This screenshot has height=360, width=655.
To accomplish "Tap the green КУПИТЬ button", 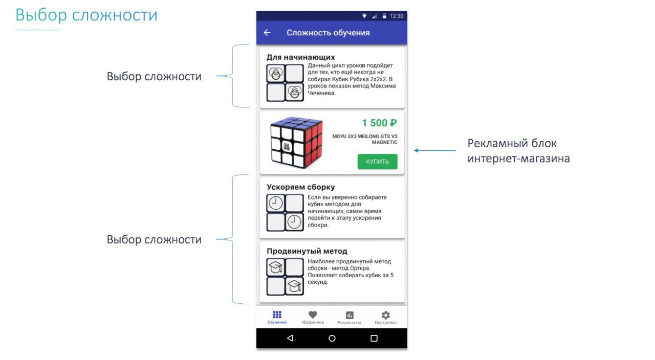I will point(377,162).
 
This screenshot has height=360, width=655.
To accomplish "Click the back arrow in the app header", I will point(267,33).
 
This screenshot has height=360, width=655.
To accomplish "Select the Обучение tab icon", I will point(277,314).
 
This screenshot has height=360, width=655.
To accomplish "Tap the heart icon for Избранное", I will point(313,314).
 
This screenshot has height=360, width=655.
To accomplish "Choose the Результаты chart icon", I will point(350,315).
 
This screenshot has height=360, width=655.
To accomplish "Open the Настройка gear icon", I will point(385,315).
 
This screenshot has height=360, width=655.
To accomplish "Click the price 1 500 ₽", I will point(379,123).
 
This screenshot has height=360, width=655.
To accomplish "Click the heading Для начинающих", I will point(301,57).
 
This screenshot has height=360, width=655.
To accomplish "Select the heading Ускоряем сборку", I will point(301,187).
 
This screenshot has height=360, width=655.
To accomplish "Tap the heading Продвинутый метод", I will point(307,251).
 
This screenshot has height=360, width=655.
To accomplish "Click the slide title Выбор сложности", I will point(86,15).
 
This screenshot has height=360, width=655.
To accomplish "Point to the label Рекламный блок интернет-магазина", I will point(518,151).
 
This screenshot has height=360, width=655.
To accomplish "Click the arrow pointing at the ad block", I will point(435,150).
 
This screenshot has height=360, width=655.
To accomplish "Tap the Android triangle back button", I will point(290,338).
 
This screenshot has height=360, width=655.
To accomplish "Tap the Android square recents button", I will point(374,338).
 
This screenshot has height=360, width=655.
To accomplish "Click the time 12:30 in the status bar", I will point(397,16).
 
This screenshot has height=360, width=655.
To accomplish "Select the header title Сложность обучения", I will point(328,33).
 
